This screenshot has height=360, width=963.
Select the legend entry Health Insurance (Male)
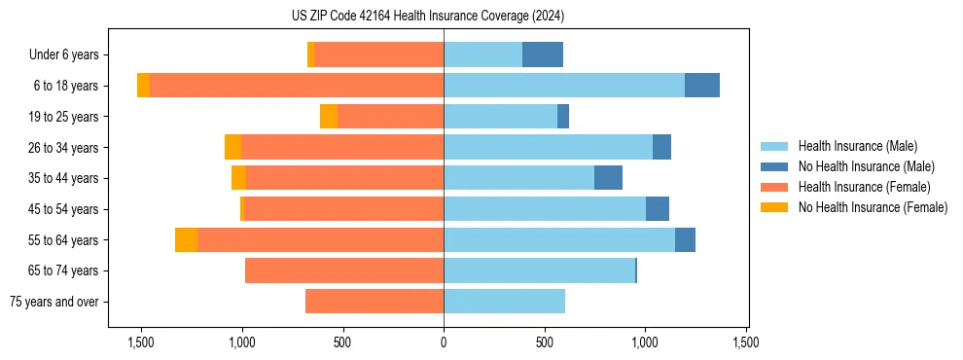tap(857, 146)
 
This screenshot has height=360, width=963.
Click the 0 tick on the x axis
tap(444, 342)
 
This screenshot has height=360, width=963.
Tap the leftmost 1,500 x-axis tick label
tap(141, 342)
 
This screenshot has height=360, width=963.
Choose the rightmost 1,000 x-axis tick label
tap(645, 342)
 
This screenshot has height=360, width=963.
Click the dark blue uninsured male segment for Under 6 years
tap(543, 55)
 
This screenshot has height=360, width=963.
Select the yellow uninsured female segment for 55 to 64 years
tap(186, 240)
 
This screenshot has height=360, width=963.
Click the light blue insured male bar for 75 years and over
tap(504, 302)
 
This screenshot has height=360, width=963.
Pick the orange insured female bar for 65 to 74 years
tap(344, 270)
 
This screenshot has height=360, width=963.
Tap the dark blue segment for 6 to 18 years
tap(702, 86)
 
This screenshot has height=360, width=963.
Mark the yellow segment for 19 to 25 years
tap(329, 117)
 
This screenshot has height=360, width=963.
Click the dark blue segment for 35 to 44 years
tap(608, 178)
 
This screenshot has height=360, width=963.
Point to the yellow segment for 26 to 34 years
tap(232, 147)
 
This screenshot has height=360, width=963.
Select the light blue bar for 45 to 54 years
tap(545, 209)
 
